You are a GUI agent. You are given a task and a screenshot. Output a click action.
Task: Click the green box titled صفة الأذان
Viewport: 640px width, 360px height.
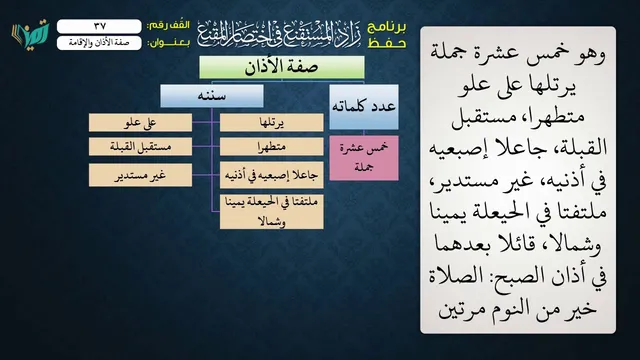point(282,67)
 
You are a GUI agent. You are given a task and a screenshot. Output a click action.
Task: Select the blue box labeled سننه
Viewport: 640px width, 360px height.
point(212,96)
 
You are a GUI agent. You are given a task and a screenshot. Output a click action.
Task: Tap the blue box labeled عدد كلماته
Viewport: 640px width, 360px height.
point(364,107)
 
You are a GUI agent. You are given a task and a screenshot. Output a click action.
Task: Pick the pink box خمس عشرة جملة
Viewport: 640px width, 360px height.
point(364,158)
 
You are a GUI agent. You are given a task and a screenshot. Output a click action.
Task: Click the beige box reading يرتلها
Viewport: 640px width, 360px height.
point(271,122)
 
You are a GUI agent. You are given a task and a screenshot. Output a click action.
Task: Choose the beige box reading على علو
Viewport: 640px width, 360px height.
point(140,122)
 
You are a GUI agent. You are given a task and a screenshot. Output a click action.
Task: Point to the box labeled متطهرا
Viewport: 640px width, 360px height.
point(271,147)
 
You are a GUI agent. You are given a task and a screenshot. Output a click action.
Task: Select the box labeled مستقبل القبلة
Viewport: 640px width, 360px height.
point(140,147)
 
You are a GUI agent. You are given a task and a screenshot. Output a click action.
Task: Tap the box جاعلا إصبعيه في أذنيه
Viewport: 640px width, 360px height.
point(271,175)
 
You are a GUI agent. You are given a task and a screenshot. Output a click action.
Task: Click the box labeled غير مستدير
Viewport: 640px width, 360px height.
point(140,175)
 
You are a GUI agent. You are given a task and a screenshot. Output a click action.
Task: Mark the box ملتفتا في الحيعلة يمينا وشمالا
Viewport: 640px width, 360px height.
point(271,211)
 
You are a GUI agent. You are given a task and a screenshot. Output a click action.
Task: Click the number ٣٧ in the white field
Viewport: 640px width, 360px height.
point(100,26)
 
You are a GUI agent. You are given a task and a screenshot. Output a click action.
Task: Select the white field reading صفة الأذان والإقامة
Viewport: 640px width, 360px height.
point(99,43)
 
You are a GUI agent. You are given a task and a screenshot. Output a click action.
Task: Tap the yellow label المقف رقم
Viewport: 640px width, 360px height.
point(168,25)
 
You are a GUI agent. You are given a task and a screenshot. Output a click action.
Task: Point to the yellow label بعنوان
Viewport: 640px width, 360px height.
point(168,43)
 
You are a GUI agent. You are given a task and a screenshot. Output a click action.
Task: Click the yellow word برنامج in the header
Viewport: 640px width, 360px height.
point(387,27)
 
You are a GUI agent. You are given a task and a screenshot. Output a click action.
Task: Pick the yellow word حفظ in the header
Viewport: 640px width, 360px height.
point(387,43)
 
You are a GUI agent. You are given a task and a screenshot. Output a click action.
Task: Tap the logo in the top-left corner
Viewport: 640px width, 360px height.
point(30,32)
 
